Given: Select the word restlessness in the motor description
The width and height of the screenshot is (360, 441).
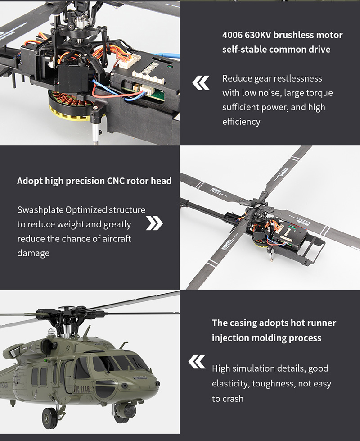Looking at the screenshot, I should coord(295,78).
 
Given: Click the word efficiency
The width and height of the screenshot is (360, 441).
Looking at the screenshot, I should coord(241,122).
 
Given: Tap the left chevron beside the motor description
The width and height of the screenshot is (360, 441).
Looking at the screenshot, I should coord(201,83).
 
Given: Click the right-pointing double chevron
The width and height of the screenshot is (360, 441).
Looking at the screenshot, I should coord(154,223).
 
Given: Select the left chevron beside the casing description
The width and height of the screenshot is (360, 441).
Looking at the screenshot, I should coord(197,361).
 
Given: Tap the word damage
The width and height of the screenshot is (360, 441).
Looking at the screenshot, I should coord(33,253).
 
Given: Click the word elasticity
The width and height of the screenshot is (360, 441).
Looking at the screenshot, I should coord(231,384).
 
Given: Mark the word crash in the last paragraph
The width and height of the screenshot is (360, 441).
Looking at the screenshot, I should coord(233,399).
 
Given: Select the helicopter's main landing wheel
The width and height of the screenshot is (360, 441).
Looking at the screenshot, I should coord(49,418).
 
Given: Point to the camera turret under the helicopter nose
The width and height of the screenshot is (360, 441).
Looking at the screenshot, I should coord(127,411).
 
